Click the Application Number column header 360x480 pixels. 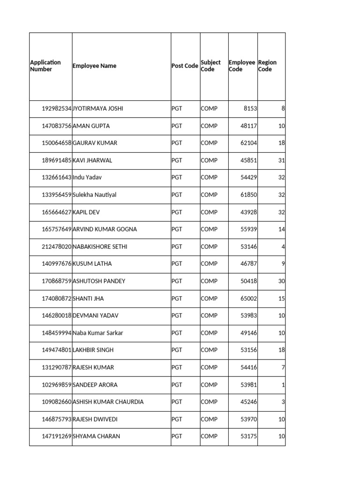(x=45, y=66)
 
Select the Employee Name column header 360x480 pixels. (x=94, y=66)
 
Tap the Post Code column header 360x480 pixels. (x=185, y=66)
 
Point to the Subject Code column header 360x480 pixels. (x=210, y=66)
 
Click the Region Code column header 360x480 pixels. (x=267, y=66)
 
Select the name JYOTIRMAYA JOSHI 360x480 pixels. (x=98, y=108)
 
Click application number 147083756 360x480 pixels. (x=57, y=126)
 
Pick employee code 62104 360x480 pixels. (x=248, y=143)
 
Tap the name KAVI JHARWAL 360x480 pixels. (x=92, y=160)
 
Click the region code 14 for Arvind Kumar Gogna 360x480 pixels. (x=281, y=229)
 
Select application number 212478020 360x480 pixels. (x=57, y=247)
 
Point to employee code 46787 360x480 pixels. (x=248, y=264)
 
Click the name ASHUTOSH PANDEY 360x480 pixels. (x=99, y=281)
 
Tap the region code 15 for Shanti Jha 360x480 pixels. (x=281, y=299)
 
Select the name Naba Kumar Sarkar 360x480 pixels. (x=97, y=333)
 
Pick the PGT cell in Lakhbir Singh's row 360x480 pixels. (x=177, y=350)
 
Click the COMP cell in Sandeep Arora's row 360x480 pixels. (x=209, y=385)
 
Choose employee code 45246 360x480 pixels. (x=248, y=402)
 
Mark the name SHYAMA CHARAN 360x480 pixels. (x=96, y=436)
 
